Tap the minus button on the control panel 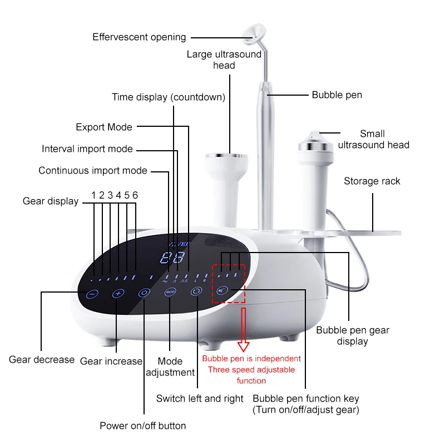coord(93,293)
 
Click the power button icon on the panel coord(144,293)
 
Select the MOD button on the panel coord(170,292)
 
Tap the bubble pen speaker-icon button coord(222,290)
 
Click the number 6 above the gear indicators coord(135,195)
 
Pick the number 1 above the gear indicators coord(94,195)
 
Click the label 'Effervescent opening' coord(139,37)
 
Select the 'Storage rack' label coord(372,181)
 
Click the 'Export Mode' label coord(104,127)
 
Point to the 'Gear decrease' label coord(42,359)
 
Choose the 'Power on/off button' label coord(142,426)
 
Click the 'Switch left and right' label coord(200,398)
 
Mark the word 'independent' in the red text coord(276,359)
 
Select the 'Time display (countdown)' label coord(169,97)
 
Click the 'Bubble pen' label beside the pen coord(337,95)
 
